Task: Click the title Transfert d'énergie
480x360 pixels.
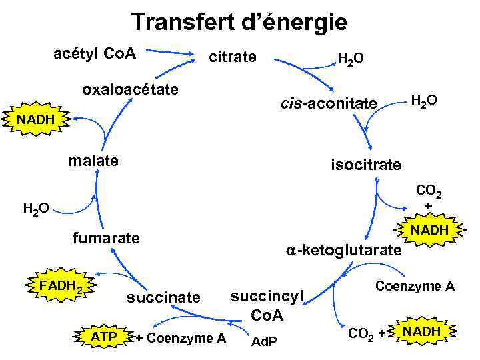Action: point(239,23)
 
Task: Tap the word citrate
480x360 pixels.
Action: point(232,57)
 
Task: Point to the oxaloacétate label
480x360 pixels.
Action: point(130,89)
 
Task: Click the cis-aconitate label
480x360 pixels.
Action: point(329,103)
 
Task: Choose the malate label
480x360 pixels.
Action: point(94,161)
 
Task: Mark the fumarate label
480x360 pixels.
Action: point(107,237)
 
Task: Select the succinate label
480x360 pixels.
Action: point(163,297)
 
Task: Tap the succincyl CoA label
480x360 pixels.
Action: point(267,305)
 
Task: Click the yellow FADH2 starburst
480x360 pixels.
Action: point(61,287)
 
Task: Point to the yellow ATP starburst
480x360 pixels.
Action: point(103,337)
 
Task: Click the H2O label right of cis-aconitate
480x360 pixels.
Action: point(424,101)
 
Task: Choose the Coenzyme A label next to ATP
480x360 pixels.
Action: point(181,338)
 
